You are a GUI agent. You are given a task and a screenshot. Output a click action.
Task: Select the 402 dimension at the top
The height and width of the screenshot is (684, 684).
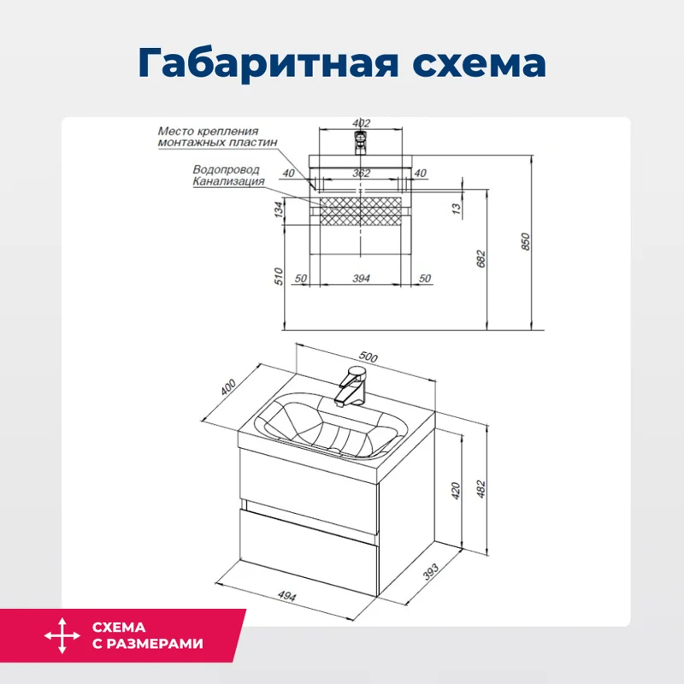[x=362, y=123]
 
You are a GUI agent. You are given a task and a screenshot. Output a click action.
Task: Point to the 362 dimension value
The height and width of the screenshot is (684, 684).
[x=362, y=174]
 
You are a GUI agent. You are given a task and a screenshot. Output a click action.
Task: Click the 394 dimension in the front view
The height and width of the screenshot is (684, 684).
[x=362, y=279]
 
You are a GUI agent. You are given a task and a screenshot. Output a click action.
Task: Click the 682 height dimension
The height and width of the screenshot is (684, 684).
[x=481, y=256]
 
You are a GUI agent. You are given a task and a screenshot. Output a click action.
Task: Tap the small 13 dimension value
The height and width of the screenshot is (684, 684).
[x=457, y=207]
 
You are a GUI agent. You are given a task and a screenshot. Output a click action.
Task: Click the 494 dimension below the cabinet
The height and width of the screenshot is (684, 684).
[x=286, y=597]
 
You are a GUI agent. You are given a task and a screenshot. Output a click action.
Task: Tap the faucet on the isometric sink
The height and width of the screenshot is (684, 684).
[x=351, y=386]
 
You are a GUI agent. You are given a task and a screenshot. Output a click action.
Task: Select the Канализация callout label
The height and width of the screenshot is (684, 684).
[x=227, y=181]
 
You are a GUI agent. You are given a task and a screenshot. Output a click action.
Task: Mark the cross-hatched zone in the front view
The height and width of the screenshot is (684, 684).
[x=362, y=209]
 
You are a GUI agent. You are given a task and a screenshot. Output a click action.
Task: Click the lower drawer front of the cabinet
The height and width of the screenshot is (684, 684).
[x=308, y=556]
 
